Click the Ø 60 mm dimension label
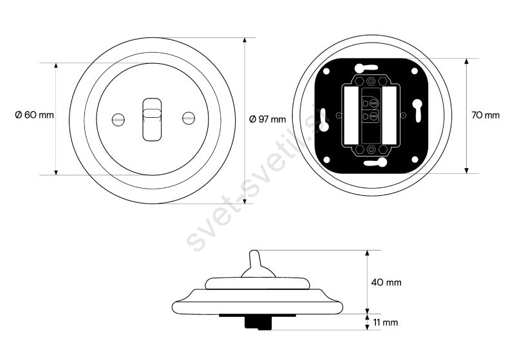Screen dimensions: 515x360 coord(34,115)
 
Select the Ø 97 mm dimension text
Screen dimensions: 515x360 coord(267,119)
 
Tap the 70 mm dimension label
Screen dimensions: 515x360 coord(485,115)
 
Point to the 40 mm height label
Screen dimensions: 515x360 coord(386,282)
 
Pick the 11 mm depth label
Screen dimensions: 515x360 coord(385,323)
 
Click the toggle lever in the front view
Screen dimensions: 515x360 coord(152,119)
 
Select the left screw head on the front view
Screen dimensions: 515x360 coord(118,119)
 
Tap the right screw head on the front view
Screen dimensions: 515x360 coord(188,118)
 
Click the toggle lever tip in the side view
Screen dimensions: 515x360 coord(254,254)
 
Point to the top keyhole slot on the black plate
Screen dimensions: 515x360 coord(366,68)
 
